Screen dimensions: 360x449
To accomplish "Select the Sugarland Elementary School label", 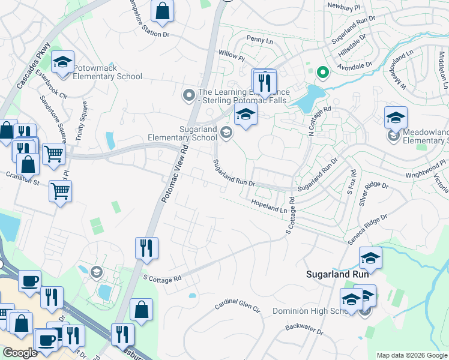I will [x=182, y=133].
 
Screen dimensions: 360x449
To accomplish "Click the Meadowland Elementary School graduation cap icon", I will [x=396, y=118].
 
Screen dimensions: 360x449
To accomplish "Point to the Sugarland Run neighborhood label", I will [x=337, y=274].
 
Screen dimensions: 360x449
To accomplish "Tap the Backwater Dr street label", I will [x=304, y=329].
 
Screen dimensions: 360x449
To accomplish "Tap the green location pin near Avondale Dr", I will [x=322, y=73].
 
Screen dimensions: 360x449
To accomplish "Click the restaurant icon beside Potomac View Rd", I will [x=146, y=247].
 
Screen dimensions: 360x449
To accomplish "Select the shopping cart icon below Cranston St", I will [x=60, y=192].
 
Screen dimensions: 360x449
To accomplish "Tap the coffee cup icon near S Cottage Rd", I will [x=29, y=280].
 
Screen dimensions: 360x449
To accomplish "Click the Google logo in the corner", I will [x=20, y=353].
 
